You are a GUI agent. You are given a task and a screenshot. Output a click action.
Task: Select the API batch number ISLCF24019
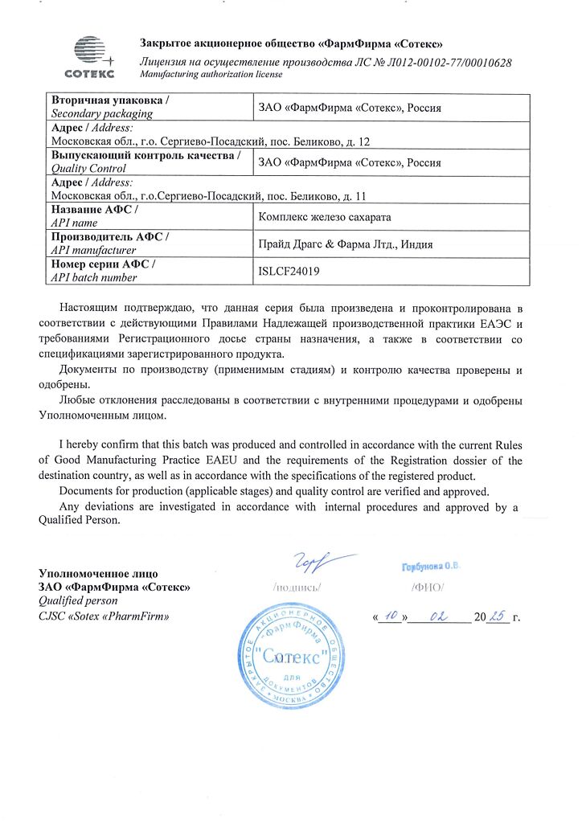289,271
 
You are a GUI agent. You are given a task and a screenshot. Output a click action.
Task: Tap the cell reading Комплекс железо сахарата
323,216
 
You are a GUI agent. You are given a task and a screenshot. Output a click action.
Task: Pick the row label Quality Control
88,169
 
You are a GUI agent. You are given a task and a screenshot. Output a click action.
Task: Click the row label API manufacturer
93,250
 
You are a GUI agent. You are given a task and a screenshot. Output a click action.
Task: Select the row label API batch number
94,277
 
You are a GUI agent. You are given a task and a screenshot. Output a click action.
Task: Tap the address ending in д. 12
210,141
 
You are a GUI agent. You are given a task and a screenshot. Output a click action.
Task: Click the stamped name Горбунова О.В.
430,567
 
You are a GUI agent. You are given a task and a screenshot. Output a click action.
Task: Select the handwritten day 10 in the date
390,616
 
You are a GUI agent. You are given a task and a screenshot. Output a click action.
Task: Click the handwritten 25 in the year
497,616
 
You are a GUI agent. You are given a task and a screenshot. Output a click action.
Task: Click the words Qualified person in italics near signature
78,600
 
